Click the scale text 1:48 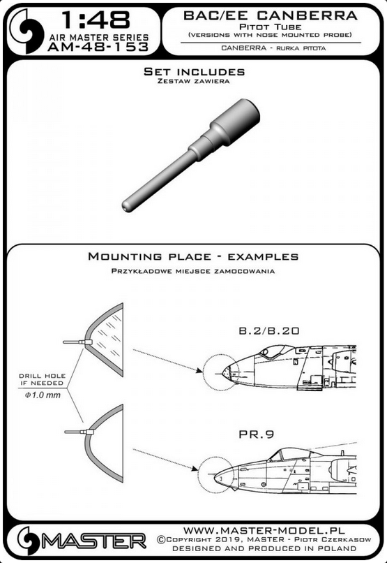tap(96, 20)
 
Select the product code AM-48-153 tap(98, 47)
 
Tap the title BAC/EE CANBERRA tap(271, 15)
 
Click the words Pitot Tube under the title tap(271, 27)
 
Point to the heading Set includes tap(194, 71)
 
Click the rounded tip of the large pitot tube tap(126, 207)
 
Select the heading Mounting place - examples tap(193, 257)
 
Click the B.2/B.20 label tap(268, 330)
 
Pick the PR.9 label tap(257, 434)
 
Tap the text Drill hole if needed tap(43, 379)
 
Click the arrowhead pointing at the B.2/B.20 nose tap(199, 370)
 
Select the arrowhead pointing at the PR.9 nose tap(195, 468)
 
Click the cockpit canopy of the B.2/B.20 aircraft tap(275, 350)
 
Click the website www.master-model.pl tap(264, 531)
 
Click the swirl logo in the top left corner tap(26, 31)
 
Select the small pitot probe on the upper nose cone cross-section tap(75, 342)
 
